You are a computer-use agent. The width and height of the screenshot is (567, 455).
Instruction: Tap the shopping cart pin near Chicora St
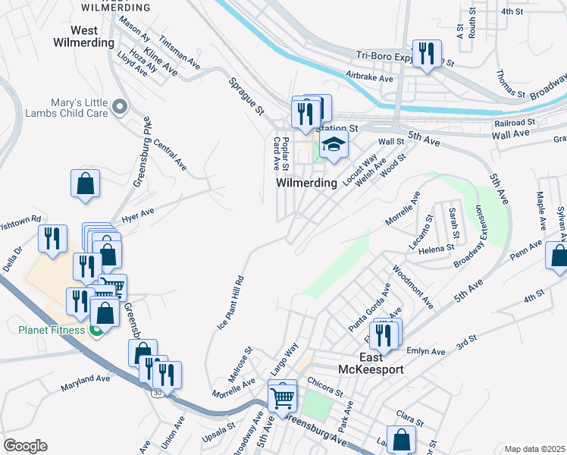(282, 396)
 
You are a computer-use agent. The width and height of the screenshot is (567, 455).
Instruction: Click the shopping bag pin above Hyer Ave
(86, 183)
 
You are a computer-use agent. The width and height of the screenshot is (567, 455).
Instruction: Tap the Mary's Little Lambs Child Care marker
(119, 108)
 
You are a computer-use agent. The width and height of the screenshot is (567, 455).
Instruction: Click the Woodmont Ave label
(412, 286)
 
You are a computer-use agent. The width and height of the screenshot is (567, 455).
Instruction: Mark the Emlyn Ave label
(427, 351)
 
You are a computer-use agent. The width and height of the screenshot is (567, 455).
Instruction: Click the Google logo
(25, 446)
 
